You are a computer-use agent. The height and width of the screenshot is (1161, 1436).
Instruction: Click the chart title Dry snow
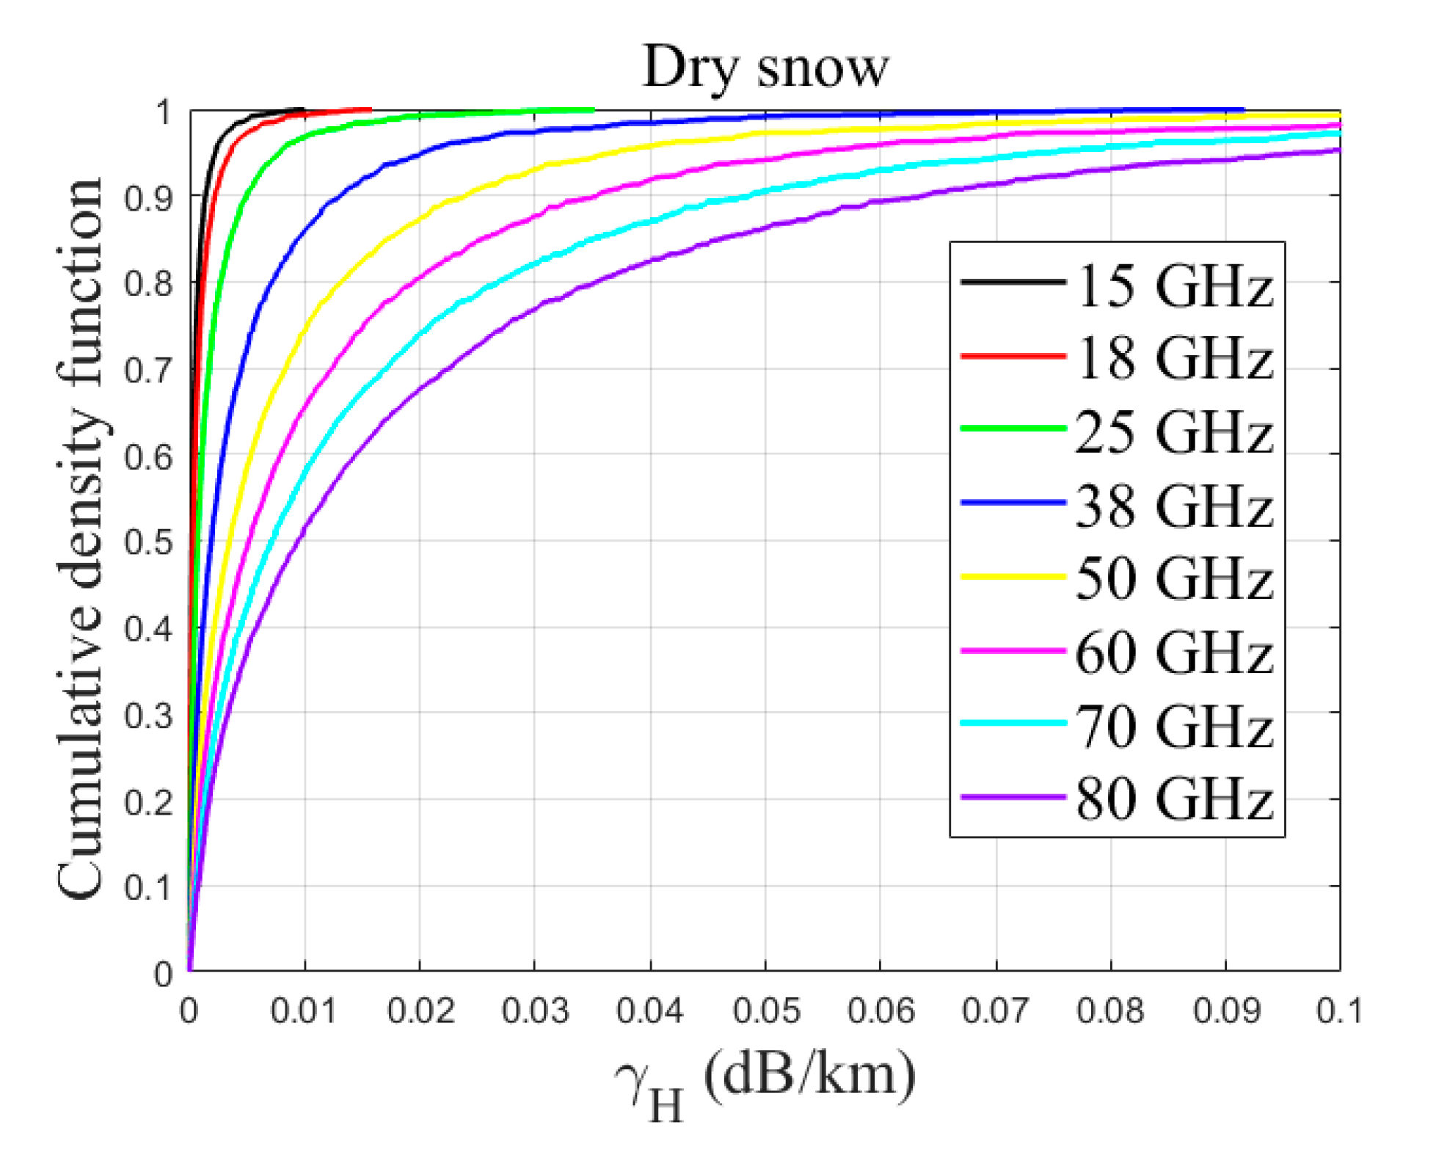coord(765,68)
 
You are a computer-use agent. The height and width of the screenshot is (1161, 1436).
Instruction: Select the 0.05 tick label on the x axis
coord(765,1011)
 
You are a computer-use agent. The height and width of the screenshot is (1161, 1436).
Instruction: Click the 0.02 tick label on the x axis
coord(420,1011)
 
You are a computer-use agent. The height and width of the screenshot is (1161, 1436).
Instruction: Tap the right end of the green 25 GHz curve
coord(593,110)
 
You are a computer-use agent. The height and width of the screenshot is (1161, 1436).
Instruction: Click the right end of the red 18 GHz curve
coord(370,109)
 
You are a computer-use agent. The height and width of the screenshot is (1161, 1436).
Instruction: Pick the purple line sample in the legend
coord(1013,797)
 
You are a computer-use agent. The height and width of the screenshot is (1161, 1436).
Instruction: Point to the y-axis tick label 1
coord(163,112)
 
